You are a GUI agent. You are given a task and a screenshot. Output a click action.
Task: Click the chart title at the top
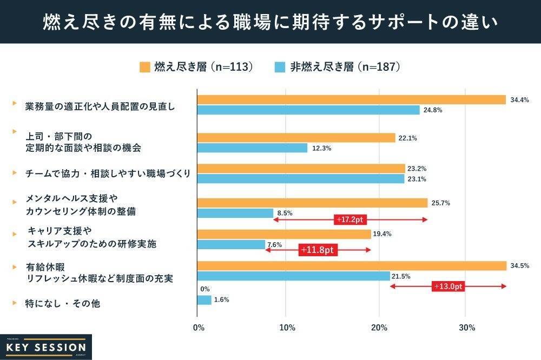coord(270,23)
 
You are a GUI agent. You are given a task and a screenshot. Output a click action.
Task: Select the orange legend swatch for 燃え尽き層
coord(144,67)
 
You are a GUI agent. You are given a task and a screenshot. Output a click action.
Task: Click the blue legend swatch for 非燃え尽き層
coord(280,67)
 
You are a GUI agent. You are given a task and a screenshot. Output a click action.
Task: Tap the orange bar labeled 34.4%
coord(351,99)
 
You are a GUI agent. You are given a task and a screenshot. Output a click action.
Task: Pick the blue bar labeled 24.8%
coord(308,110)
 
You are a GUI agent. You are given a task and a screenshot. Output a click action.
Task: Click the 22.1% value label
coord(407,138)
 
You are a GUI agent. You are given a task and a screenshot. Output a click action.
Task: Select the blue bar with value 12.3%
coord(252,148)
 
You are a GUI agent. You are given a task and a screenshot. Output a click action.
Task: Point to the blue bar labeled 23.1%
coord(301,179)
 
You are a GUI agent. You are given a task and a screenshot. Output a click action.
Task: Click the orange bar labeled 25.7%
coord(312,203)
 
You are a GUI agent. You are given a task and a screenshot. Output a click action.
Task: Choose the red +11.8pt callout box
coord(318,250)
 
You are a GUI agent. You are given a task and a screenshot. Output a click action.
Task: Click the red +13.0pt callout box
coord(448,286)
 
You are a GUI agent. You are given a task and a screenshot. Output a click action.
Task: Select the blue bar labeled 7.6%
coord(231,244)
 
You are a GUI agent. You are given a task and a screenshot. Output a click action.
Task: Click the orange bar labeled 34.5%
coord(352,265)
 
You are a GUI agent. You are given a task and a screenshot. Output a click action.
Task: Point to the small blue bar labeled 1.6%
coord(204,299)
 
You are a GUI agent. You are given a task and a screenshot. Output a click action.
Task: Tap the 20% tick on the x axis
coord(379,328)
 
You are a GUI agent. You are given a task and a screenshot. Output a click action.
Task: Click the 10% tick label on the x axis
coord(287,328)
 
